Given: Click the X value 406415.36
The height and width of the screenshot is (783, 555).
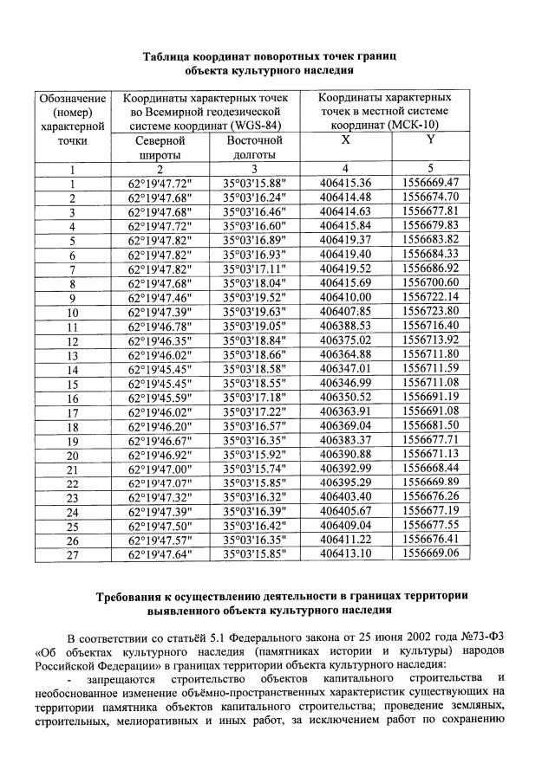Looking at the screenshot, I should pyautogui.click(x=345, y=183).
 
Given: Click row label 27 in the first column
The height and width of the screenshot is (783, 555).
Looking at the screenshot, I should pyautogui.click(x=73, y=555).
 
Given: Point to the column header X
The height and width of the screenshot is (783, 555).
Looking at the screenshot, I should pyautogui.click(x=345, y=139).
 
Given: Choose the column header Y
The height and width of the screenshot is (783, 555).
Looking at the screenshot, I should pyautogui.click(x=430, y=139).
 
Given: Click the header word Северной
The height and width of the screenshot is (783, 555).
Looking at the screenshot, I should pyautogui.click(x=160, y=140).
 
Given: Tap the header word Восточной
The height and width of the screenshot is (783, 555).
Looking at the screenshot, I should pyautogui.click(x=254, y=140).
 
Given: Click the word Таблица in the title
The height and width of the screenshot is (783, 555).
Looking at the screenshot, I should pyautogui.click(x=173, y=55).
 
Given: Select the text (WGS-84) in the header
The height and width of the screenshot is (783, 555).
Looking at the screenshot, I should pyautogui.click(x=254, y=126).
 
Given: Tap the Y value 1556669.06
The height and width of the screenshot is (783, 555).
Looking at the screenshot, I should pyautogui.click(x=430, y=555).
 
